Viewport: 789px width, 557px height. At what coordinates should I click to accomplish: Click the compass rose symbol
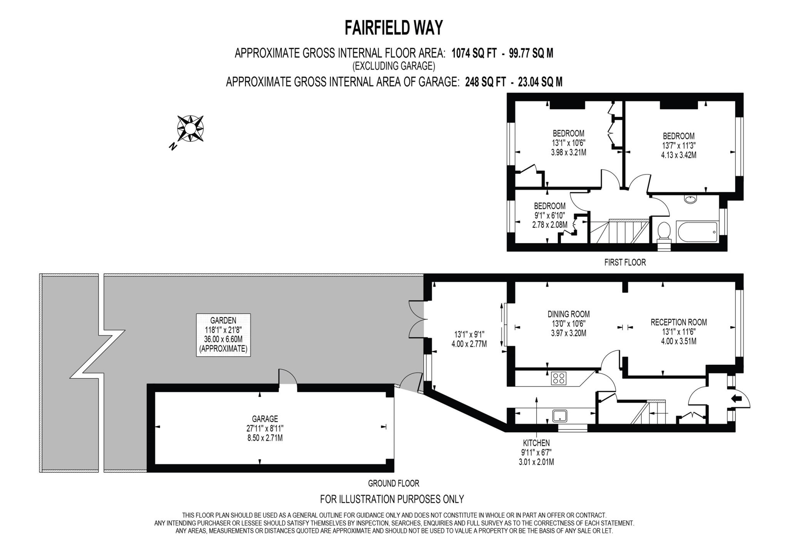click(190, 129)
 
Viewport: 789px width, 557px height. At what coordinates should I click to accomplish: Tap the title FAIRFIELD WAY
click(393, 28)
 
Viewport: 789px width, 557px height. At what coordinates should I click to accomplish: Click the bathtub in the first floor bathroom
click(697, 232)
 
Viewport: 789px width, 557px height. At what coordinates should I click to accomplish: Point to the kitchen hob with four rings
click(559, 378)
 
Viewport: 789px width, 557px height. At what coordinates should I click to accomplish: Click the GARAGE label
click(265, 419)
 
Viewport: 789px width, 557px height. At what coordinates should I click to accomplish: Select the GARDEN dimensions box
click(223, 335)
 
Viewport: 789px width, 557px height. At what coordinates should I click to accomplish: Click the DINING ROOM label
click(568, 314)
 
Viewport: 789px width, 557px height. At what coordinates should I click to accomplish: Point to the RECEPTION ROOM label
click(678, 322)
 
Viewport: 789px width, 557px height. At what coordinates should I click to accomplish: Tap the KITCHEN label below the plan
click(536, 443)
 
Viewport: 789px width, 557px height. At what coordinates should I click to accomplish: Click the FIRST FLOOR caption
click(624, 262)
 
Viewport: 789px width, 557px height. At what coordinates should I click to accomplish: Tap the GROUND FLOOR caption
click(393, 483)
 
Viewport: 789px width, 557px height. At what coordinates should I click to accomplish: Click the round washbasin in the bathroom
click(690, 199)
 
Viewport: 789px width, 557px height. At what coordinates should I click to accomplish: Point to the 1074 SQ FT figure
click(474, 53)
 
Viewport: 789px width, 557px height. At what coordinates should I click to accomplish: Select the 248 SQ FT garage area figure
click(485, 82)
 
